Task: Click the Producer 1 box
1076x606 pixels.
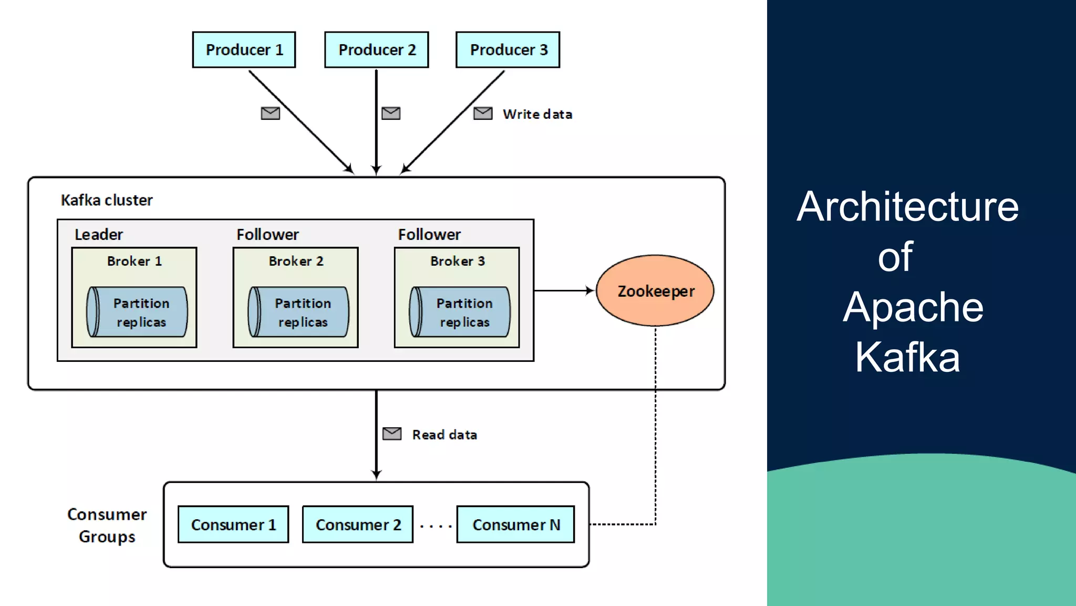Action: [244, 50]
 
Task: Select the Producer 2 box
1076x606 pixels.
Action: [376, 50]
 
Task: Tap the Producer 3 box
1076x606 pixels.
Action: [508, 50]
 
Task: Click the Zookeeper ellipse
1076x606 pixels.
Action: [655, 291]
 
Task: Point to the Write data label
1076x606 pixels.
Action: [537, 114]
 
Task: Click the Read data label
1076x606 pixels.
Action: [444, 435]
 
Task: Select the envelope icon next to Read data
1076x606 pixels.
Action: [392, 433]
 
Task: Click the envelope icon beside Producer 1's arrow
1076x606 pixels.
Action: [271, 113]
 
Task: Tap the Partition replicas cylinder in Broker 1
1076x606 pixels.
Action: [137, 312]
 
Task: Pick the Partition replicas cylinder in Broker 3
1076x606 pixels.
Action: [460, 312]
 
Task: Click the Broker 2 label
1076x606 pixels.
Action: [296, 261]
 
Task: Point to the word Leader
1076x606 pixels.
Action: [99, 235]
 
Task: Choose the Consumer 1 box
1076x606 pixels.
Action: [233, 524]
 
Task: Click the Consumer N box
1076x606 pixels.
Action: [515, 524]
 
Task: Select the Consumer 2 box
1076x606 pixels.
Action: [358, 524]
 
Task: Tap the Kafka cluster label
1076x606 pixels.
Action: [107, 200]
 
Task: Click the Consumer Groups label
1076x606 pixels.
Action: [107, 525]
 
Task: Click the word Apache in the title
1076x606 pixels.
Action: [913, 307]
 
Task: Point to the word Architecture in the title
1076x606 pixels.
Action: [907, 207]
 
